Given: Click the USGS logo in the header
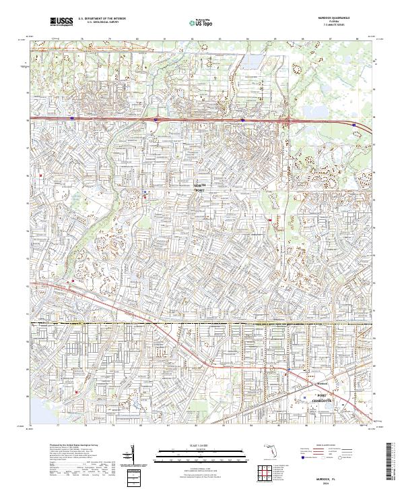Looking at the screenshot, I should (x=62, y=22).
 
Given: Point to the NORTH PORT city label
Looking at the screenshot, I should (x=199, y=188).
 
